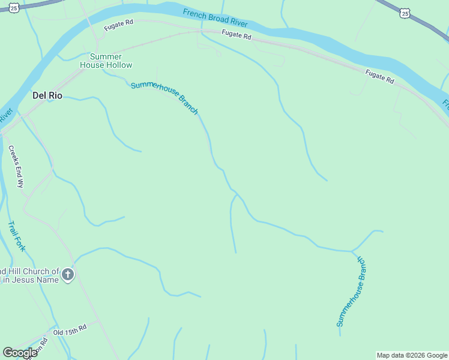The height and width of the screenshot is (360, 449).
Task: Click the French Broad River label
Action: coord(215,18)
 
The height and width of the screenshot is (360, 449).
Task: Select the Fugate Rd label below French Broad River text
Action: coord(235,35)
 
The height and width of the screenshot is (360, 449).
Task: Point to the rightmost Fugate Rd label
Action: coord(380,76)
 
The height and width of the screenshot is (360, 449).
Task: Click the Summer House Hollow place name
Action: coord(106,61)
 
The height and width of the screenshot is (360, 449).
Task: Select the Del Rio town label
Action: coord(47,95)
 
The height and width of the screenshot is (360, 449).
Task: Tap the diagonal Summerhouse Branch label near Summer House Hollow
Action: coord(164,97)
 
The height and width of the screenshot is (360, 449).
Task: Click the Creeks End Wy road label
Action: coord(16,166)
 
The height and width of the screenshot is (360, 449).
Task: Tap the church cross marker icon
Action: coord(68,275)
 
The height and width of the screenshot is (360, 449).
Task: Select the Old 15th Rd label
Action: coord(70,329)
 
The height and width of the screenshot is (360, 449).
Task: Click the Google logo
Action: coord(20,353)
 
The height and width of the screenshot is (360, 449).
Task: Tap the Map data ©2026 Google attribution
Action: coord(412,355)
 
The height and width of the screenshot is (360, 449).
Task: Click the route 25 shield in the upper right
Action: coord(406,13)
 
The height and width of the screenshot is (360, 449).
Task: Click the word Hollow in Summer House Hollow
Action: coord(120,65)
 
